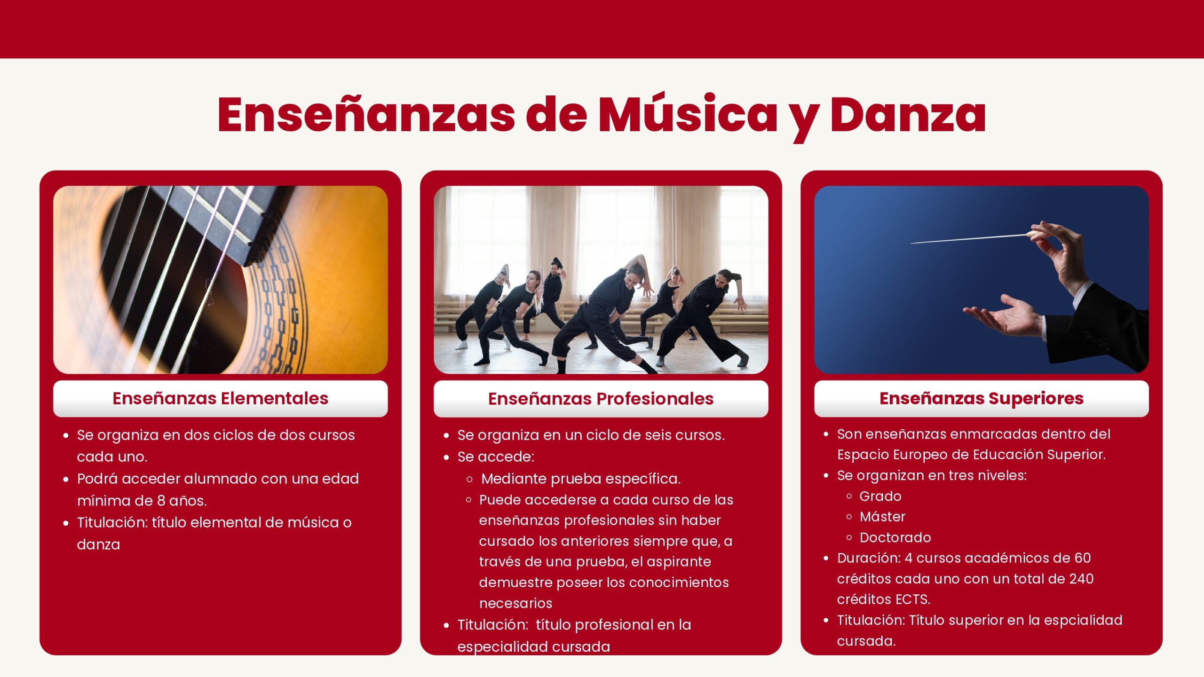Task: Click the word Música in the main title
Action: pos(688,114)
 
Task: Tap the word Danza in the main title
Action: pos(908,114)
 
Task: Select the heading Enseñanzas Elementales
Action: pos(220,398)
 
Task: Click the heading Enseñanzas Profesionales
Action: pos(601,399)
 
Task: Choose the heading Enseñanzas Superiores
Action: pos(982,399)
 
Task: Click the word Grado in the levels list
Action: pos(880,496)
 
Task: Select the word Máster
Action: pos(882,517)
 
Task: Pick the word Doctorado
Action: pos(895,538)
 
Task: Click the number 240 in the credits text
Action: pos(1081,579)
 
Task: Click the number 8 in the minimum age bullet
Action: pos(160,501)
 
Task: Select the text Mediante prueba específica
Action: pos(581,479)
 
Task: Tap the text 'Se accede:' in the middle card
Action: pos(496,457)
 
